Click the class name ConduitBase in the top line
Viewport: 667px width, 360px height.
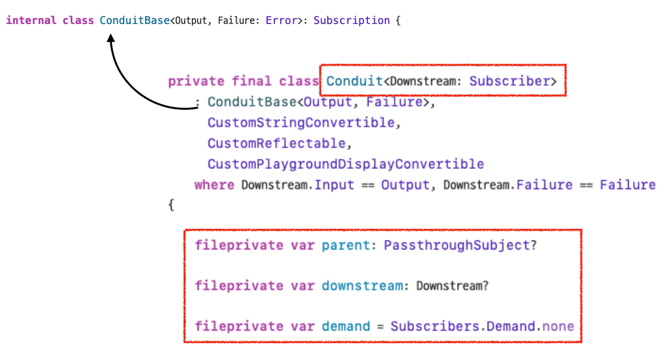[x=135, y=21]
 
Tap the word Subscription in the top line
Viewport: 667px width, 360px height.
[x=351, y=21]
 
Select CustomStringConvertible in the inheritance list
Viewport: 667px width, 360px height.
[x=301, y=122]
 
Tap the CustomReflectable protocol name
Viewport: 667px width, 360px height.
[x=272, y=143]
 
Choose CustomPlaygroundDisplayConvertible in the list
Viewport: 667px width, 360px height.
[x=346, y=164]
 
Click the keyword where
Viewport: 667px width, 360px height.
[x=214, y=185]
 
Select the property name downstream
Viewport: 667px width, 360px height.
[x=362, y=286]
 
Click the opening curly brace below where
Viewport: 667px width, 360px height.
[x=172, y=205]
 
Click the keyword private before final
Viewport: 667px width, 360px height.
[x=196, y=81]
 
